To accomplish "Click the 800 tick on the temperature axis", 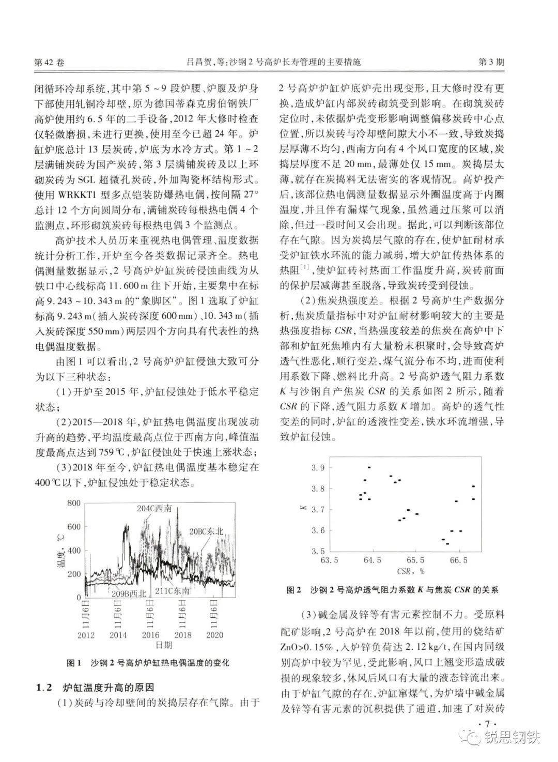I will [x=74, y=503].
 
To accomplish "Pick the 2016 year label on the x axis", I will [x=150, y=635].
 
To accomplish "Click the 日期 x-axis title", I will [x=165, y=645].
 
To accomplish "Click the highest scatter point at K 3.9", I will [x=369, y=467].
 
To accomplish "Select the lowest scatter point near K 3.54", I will [x=447, y=543].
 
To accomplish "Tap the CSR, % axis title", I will [x=410, y=571].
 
